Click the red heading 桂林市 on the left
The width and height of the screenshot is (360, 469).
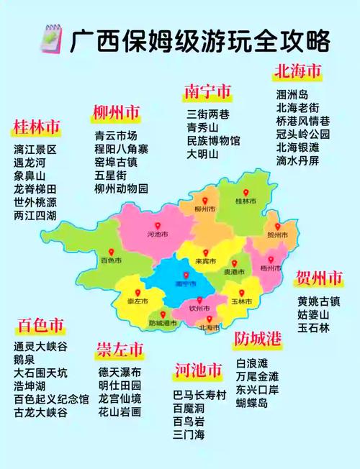point(36,128)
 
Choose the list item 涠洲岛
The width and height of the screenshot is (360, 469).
point(292,95)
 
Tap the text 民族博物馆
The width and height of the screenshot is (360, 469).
point(213,141)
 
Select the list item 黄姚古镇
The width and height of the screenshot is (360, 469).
point(319,301)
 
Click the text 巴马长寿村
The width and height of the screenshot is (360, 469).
point(199,395)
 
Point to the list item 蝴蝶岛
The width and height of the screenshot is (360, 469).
point(251,404)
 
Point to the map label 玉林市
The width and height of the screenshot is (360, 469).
point(241,300)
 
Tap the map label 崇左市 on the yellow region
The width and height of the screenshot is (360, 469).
point(132,300)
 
